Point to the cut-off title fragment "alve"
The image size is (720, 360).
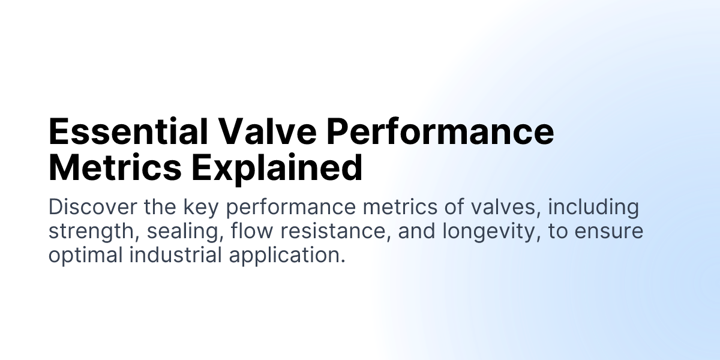click(274, 132)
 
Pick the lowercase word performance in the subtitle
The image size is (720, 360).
click(292, 208)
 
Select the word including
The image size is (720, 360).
click(593, 208)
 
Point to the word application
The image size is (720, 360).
click(287, 255)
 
